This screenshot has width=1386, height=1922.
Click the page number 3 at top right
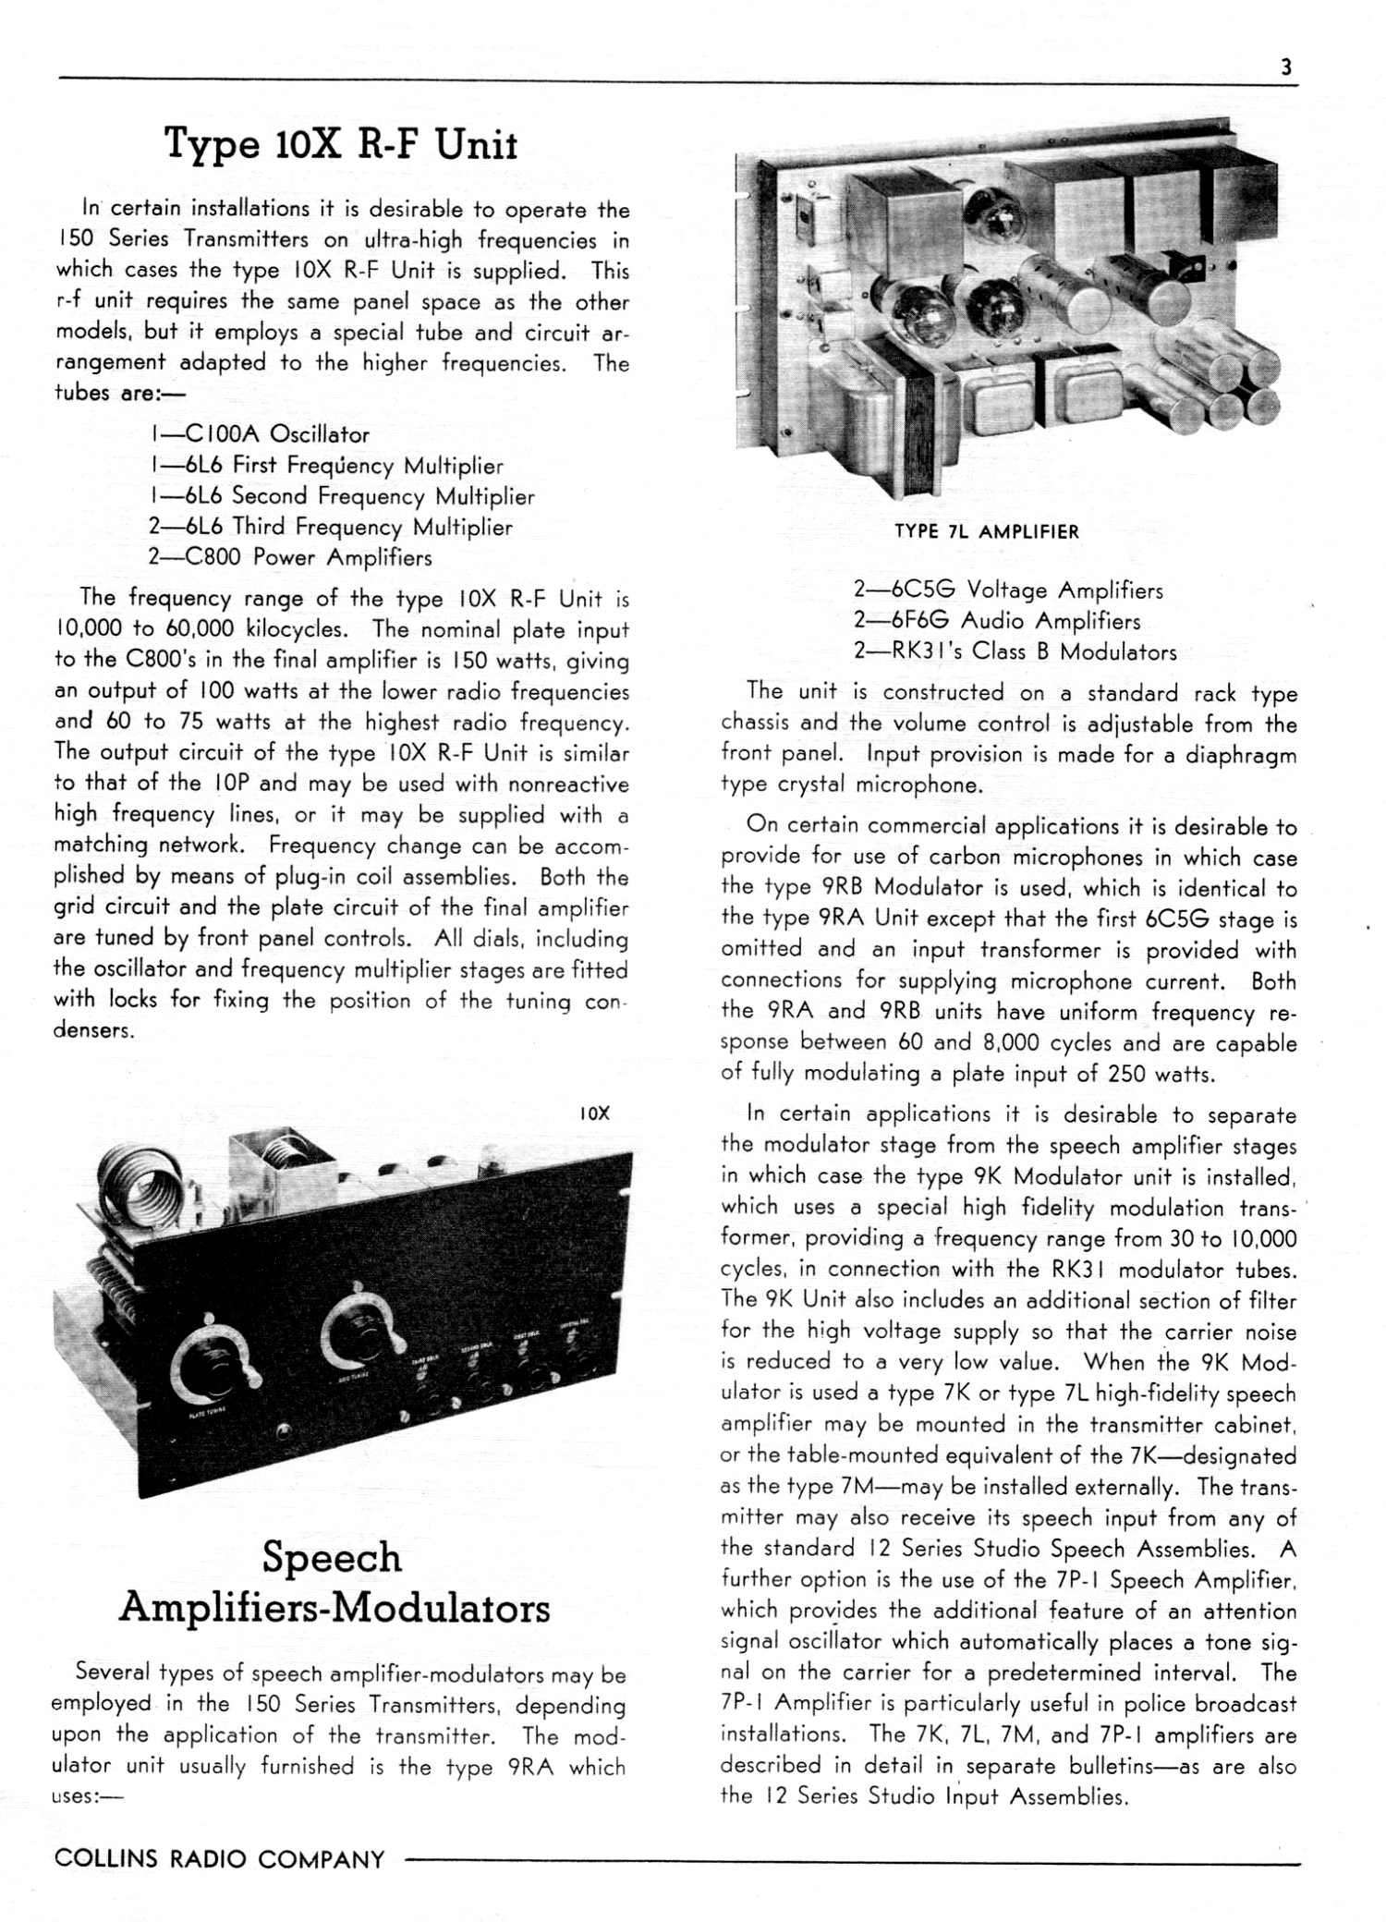(x=1285, y=67)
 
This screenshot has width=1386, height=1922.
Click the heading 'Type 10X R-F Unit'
(x=341, y=145)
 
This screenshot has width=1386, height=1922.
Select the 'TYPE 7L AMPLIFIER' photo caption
(x=986, y=531)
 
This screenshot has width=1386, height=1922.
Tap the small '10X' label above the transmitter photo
(x=596, y=1113)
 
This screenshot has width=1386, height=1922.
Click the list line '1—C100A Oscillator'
(x=259, y=434)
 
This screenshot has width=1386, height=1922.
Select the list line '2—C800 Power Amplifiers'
(x=290, y=557)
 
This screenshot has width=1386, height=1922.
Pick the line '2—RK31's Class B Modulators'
(x=1015, y=651)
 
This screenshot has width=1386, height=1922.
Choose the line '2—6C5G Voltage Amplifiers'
(x=1008, y=590)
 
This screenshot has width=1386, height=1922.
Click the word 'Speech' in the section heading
(x=333, y=1557)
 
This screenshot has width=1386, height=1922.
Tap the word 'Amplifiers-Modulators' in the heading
(x=334, y=1608)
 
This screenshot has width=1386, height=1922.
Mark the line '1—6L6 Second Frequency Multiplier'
(x=342, y=496)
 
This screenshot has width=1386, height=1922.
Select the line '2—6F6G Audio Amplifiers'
(x=997, y=621)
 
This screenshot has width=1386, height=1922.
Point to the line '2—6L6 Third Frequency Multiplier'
(x=331, y=527)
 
